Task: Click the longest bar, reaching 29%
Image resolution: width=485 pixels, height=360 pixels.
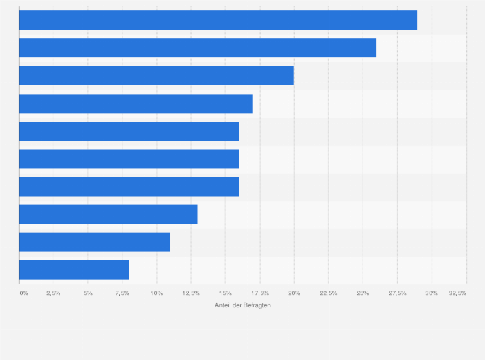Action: pyautogui.click(x=218, y=20)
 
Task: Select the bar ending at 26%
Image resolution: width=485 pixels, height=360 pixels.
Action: pyautogui.click(x=197, y=48)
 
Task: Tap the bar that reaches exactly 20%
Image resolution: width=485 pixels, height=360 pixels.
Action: pyautogui.click(x=156, y=75)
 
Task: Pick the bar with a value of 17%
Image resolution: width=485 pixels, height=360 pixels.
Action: pyautogui.click(x=136, y=104)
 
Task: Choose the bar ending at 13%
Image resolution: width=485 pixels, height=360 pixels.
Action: pyautogui.click(x=108, y=214)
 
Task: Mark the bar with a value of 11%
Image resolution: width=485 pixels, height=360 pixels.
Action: pyautogui.click(x=95, y=242)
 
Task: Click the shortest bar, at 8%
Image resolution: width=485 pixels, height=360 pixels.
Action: pyautogui.click(x=74, y=269)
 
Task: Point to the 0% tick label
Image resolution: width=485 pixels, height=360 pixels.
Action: pyautogui.click(x=24, y=293)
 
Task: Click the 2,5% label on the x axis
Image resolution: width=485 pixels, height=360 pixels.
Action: pyautogui.click(x=53, y=293)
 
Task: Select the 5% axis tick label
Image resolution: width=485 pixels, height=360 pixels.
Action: pyautogui.click(x=88, y=293)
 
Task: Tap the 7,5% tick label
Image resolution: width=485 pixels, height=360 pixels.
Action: pyautogui.click(x=122, y=293)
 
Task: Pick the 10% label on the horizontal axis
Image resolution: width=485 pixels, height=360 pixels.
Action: pyautogui.click(x=156, y=293)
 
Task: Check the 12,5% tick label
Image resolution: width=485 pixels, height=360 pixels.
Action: pyautogui.click(x=190, y=293)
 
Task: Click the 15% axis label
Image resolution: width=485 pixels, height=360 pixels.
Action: pyautogui.click(x=225, y=293)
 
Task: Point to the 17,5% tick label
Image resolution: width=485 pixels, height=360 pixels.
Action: pyautogui.click(x=259, y=293)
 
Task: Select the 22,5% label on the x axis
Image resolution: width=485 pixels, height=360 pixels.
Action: pyautogui.click(x=328, y=293)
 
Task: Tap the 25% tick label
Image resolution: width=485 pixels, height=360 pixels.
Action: pyautogui.click(x=363, y=293)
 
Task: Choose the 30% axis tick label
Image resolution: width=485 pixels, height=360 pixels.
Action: pyautogui.click(x=432, y=293)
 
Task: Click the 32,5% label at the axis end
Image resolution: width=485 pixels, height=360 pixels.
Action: pyautogui.click(x=457, y=293)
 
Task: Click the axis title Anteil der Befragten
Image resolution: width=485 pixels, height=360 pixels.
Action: pyautogui.click(x=243, y=305)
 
